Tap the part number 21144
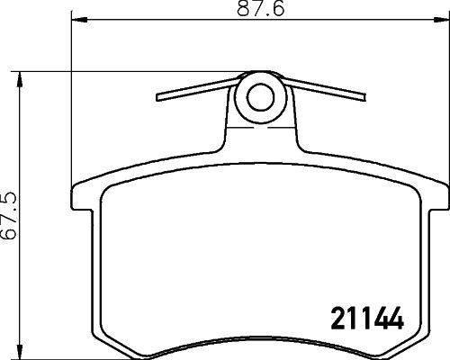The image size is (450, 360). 360,319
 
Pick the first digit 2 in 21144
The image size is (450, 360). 329,319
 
